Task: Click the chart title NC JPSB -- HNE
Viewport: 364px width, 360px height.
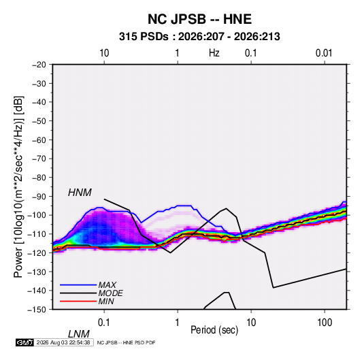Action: pyautogui.click(x=199, y=19)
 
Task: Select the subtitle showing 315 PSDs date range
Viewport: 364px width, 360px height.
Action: pyautogui.click(x=199, y=37)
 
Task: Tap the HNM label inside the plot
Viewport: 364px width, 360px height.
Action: pyautogui.click(x=80, y=193)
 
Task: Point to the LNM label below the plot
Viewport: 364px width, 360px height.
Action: pyautogui.click(x=78, y=334)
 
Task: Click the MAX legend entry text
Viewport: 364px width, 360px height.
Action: pyautogui.click(x=107, y=284)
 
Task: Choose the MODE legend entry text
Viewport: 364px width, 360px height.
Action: pyautogui.click(x=110, y=293)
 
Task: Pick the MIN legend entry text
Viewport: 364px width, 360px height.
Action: pyautogui.click(x=106, y=301)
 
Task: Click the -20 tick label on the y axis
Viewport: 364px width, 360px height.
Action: pyautogui.click(x=39, y=65)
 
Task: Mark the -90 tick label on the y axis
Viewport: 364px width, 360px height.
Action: pyautogui.click(x=39, y=196)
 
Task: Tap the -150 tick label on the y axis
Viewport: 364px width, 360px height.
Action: pyautogui.click(x=37, y=310)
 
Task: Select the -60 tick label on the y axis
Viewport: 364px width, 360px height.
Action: pyautogui.click(x=39, y=140)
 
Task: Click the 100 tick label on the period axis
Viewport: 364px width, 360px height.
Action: pyautogui.click(x=325, y=323)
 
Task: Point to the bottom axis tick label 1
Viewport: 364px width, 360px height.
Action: pyautogui.click(x=178, y=323)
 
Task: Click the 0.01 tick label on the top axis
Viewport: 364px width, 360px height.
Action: pyautogui.click(x=324, y=53)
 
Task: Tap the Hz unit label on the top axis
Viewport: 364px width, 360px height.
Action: pyautogui.click(x=214, y=53)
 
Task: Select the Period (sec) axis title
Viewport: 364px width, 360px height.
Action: pyautogui.click(x=214, y=330)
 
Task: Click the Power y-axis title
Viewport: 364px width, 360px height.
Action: pyautogui.click(x=18, y=186)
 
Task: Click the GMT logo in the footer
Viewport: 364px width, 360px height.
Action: pyautogui.click(x=24, y=342)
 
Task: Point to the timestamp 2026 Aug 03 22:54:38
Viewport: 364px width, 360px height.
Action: pyautogui.click(x=63, y=342)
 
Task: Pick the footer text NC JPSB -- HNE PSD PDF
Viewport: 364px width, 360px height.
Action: pyautogui.click(x=126, y=342)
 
